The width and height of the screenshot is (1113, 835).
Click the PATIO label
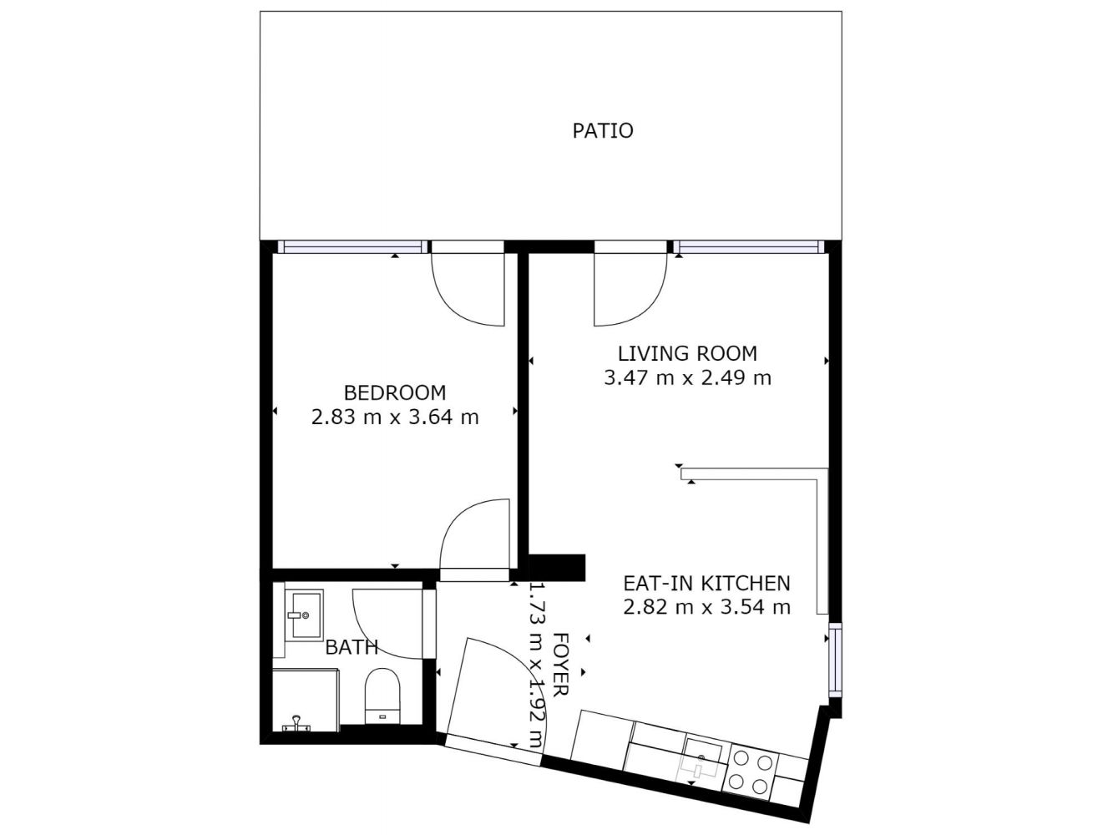point(602,131)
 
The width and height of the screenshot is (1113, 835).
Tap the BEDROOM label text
point(394,393)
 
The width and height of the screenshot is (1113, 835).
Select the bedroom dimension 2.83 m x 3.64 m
point(394,417)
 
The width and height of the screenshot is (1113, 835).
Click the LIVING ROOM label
point(687,353)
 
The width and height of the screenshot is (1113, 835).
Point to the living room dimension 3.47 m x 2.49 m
point(687,377)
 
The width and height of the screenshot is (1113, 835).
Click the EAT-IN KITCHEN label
point(706,584)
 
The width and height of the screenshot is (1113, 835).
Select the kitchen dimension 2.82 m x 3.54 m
point(706,607)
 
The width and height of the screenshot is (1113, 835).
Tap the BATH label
point(352,647)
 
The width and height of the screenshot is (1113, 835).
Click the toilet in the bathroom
point(382,696)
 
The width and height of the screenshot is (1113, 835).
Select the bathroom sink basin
point(304,615)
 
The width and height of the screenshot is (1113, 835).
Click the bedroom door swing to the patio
point(467,290)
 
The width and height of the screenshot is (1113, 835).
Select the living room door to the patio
point(630,290)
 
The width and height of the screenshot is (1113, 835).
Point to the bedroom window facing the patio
point(353,247)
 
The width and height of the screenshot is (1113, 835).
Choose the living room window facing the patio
point(749,247)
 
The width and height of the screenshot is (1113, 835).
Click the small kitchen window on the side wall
point(835,660)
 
